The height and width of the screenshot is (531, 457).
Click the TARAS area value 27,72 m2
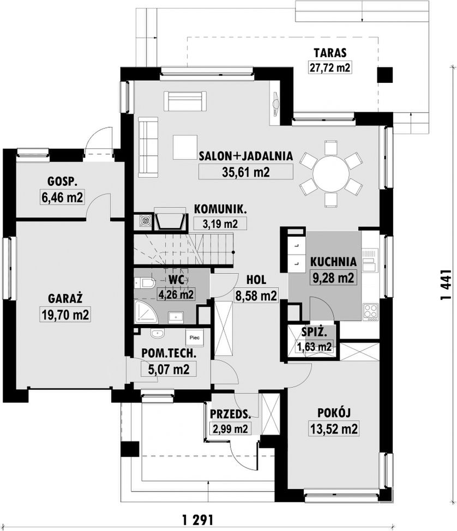click(329, 68)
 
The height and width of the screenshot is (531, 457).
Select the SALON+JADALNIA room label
click(245, 156)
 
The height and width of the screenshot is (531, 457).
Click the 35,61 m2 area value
click(245, 172)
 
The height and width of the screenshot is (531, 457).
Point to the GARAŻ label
click(65, 298)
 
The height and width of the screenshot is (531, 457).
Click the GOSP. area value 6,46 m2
click(62, 197)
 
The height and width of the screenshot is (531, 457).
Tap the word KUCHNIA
click(333, 262)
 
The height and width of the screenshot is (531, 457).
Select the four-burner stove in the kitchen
click(370, 311)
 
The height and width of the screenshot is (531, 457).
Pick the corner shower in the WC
click(146, 311)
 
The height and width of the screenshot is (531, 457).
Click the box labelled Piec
click(195, 337)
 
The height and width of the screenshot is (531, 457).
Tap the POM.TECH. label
click(169, 353)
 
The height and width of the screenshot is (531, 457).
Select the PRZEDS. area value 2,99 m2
click(230, 429)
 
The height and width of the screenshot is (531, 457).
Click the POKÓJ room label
click(334, 413)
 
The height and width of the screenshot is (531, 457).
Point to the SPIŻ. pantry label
click(314, 332)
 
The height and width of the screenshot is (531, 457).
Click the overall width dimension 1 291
click(197, 519)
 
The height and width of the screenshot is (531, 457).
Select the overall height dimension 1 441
click(446, 285)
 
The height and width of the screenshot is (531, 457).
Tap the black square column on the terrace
click(385, 75)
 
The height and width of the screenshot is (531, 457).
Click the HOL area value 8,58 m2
click(256, 295)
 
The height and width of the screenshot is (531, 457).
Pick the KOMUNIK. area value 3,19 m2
click(220, 224)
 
